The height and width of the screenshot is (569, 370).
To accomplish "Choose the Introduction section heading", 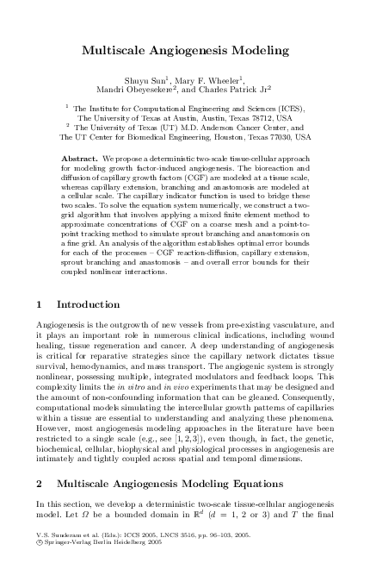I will [x=88, y=304].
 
